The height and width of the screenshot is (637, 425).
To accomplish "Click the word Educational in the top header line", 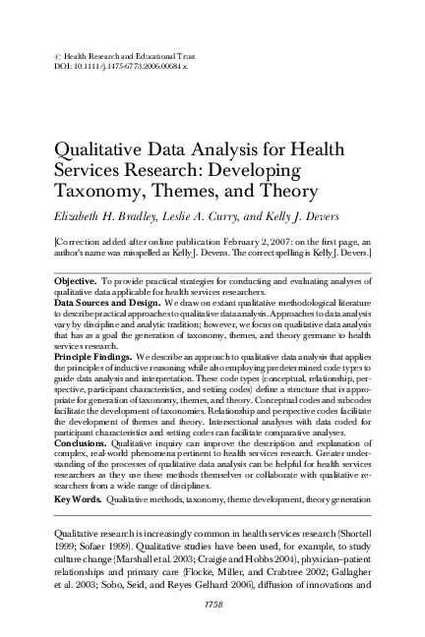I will tap(137, 55).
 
